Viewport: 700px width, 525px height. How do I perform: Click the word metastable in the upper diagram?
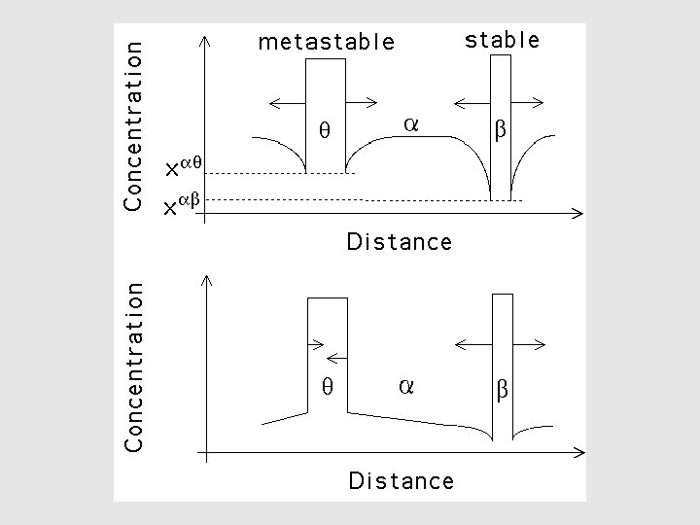[327, 42]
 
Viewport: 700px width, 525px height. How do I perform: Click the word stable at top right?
[502, 40]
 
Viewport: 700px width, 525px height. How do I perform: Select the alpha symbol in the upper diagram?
[410, 124]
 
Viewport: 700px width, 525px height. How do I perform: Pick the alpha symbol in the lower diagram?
[406, 386]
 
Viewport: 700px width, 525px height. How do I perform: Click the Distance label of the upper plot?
[399, 242]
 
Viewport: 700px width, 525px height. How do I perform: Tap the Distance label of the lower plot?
[401, 480]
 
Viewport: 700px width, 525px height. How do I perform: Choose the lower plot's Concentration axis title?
[134, 367]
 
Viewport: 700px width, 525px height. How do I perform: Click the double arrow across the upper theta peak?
[325, 100]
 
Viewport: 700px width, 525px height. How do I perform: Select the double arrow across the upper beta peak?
[500, 100]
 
